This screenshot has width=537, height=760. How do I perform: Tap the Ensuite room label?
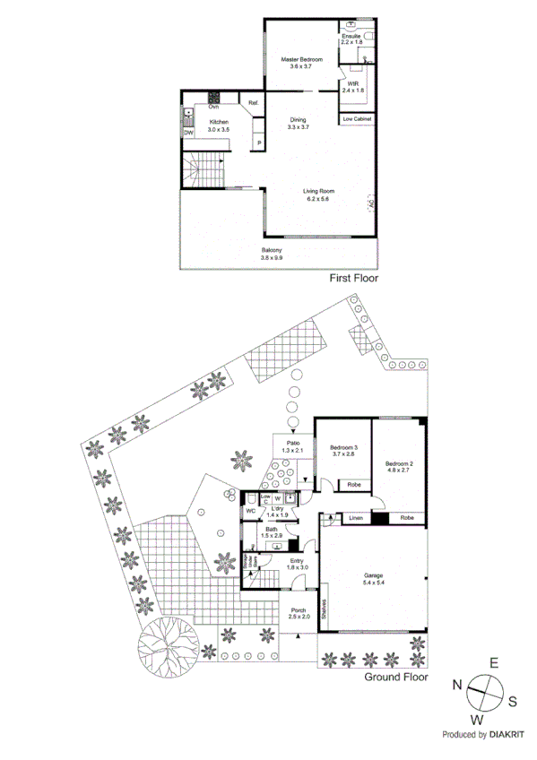(350, 36)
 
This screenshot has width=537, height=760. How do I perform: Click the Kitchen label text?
(219, 122)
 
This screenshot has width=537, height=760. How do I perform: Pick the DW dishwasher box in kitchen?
(189, 133)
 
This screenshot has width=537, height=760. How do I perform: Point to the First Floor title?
(353, 279)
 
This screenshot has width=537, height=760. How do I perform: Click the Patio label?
(292, 443)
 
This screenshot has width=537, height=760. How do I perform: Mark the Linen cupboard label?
(355, 518)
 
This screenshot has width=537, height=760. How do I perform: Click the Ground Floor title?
(394, 677)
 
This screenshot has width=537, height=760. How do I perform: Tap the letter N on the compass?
(458, 684)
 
